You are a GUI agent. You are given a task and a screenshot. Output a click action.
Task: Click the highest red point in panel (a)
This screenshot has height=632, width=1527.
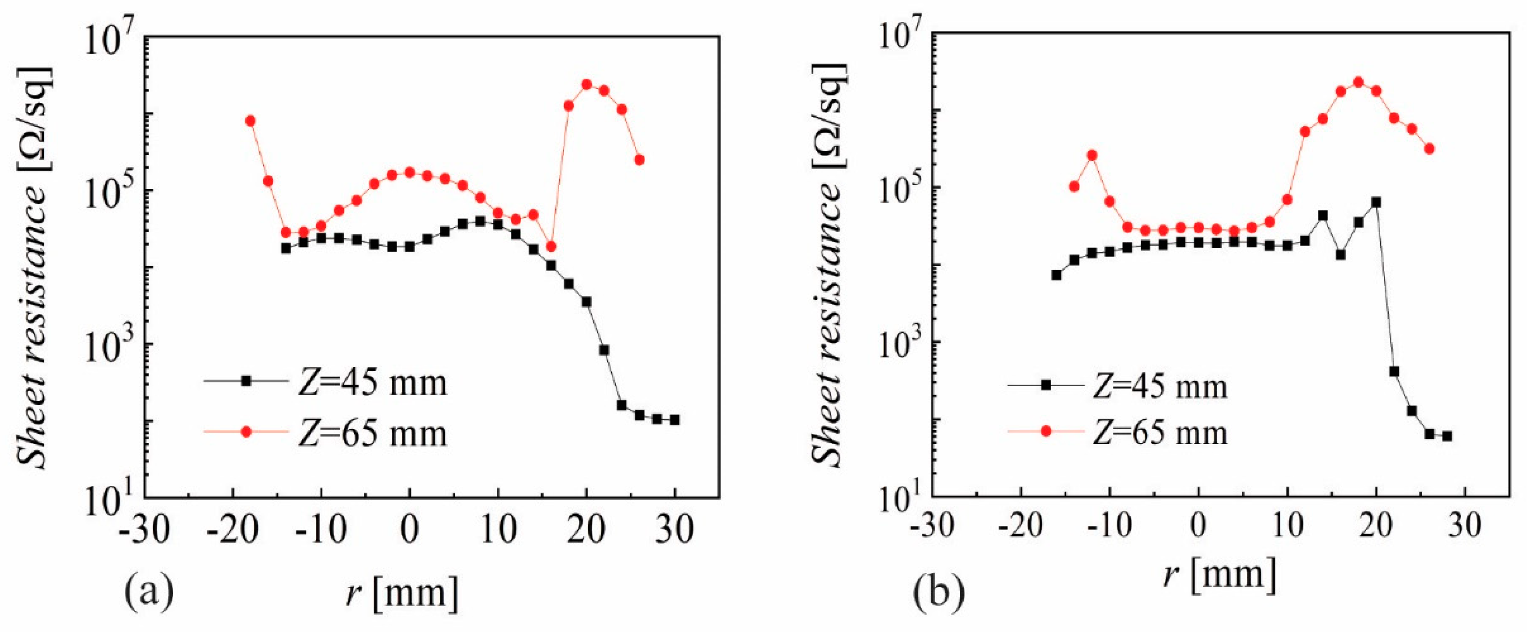point(587,85)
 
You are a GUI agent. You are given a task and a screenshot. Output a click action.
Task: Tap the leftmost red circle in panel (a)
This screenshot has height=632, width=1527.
point(250,121)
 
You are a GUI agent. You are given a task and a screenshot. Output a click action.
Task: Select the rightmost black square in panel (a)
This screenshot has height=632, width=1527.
point(675,420)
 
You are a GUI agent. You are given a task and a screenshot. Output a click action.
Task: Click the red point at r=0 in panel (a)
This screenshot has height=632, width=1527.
point(410,172)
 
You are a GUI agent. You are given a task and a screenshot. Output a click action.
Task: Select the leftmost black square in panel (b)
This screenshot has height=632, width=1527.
point(1056,275)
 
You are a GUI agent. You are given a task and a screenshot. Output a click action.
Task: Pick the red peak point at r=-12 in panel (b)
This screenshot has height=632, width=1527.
point(1092,156)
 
